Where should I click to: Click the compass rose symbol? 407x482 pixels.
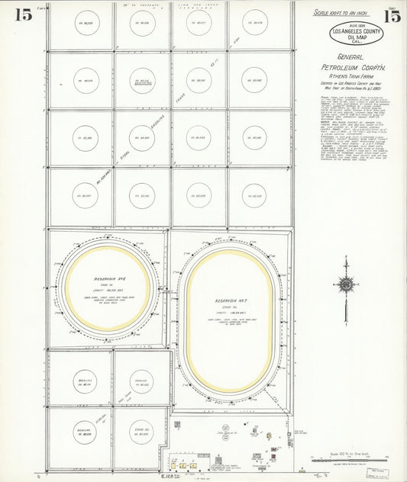pos(346,284)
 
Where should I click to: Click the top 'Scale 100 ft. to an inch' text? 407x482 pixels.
pos(347,13)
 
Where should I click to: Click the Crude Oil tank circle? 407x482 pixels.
pos(141,433)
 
